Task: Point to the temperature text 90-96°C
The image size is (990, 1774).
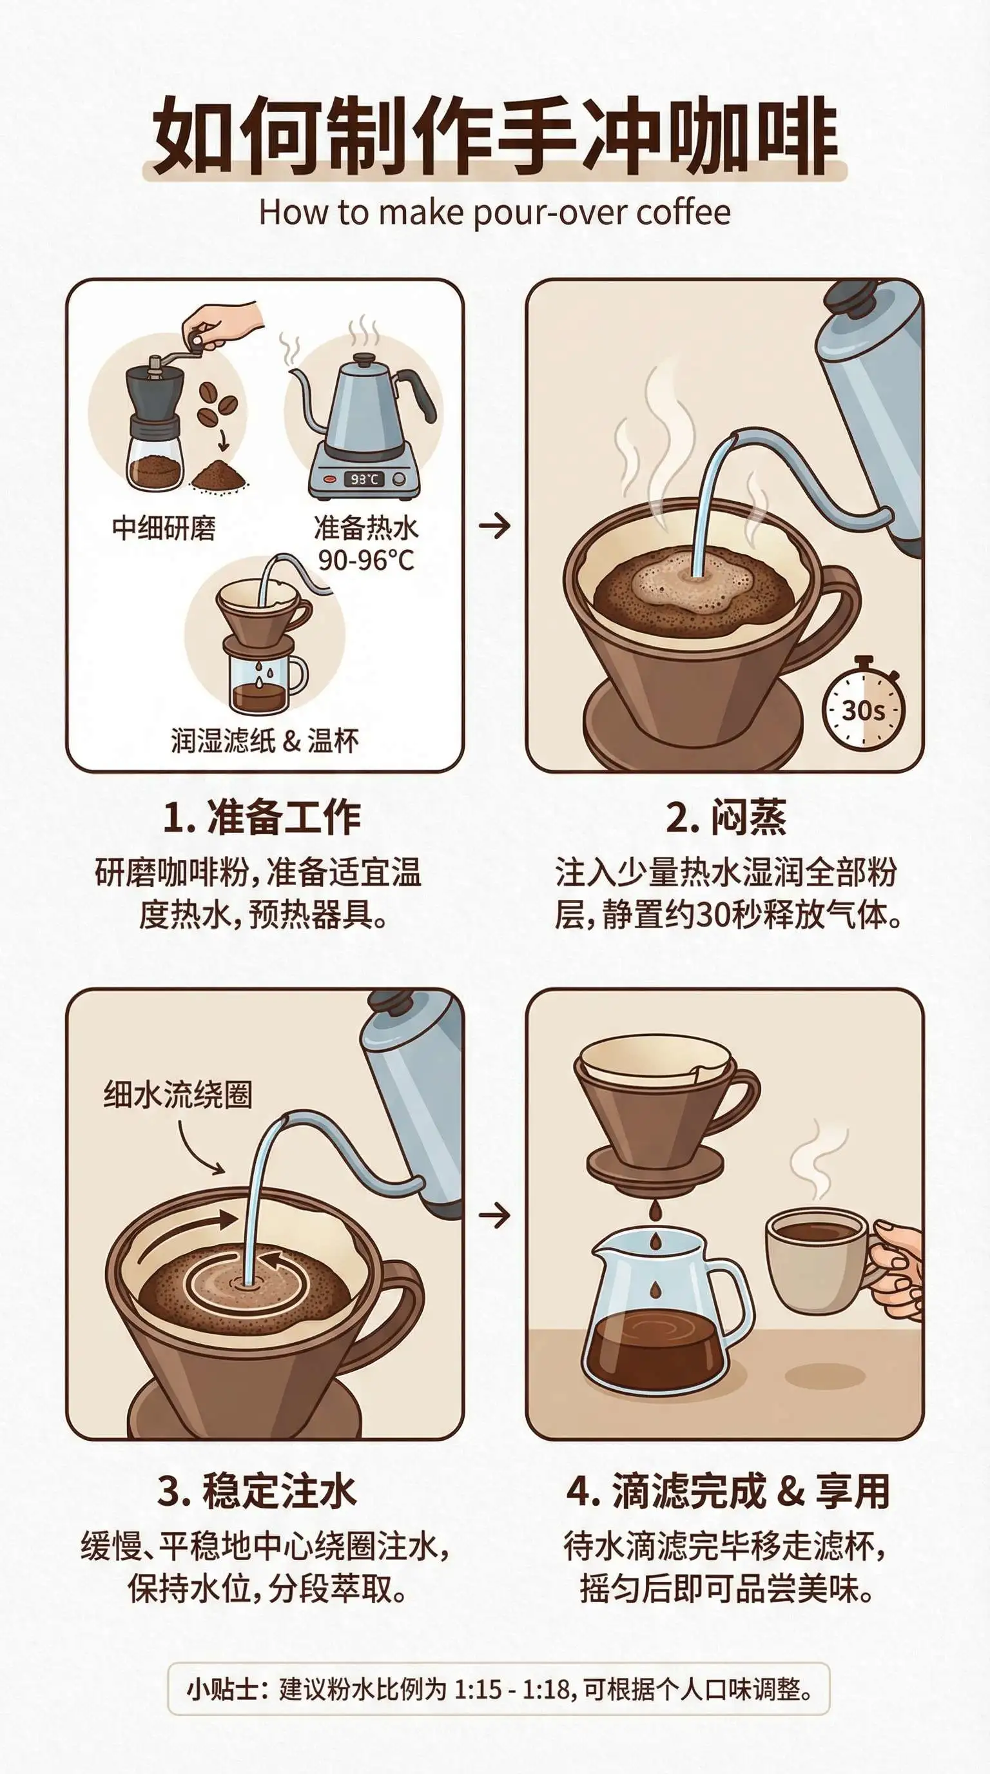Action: [366, 560]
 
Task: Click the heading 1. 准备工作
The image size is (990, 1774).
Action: [262, 817]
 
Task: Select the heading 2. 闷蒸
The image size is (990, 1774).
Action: [726, 817]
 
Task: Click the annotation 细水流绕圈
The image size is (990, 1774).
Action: [179, 1095]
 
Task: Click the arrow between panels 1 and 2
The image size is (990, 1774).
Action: [495, 526]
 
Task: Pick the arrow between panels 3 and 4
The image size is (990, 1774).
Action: [495, 1216]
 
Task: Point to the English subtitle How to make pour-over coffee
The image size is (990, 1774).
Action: [494, 213]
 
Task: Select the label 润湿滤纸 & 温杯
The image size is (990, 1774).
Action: [265, 741]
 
